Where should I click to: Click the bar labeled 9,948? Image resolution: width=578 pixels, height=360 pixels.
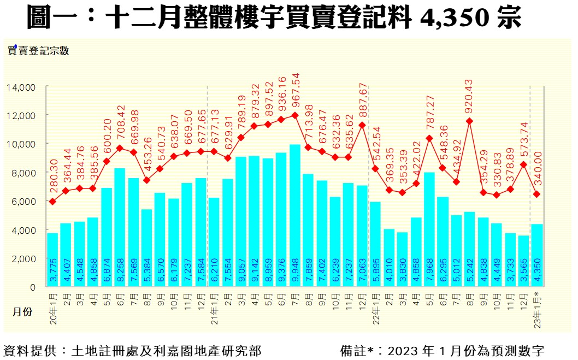coord(295,215)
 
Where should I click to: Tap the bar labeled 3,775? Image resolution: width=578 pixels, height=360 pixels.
coord(52,259)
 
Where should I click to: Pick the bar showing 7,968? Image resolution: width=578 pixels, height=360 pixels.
coord(429,229)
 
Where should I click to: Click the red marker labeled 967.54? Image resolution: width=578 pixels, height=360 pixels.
coord(295,115)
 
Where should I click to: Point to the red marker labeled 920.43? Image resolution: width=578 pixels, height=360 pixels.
coord(470,121)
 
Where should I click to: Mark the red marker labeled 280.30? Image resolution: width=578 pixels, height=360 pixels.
coord(52,202)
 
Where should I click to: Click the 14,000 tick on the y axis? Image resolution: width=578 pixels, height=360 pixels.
coord(21,87)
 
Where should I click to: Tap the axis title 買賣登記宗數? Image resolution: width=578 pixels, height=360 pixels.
coord(38,51)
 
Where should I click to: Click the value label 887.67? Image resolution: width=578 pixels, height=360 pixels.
coord(362,102)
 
